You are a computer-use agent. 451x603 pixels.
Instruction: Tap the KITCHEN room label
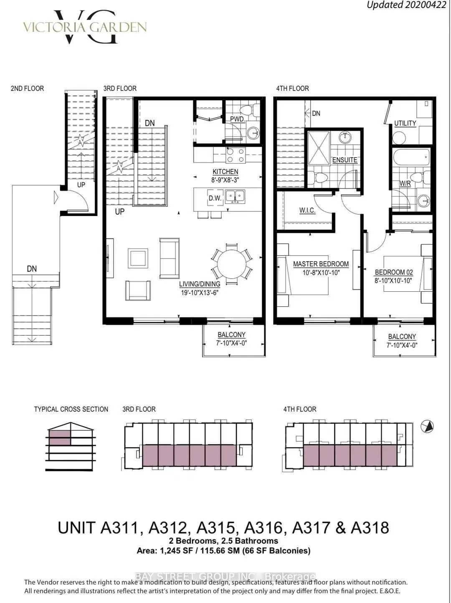click(225, 172)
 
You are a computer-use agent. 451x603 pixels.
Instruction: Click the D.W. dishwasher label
click(215, 198)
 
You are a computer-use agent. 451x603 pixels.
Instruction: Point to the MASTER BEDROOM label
click(321, 264)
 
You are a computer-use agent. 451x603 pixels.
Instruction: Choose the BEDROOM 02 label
click(394, 272)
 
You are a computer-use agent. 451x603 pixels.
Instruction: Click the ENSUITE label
click(345, 160)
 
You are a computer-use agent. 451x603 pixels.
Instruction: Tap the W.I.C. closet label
click(307, 210)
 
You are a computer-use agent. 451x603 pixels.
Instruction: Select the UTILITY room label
click(405, 123)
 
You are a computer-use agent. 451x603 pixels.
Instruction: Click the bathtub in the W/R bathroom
click(411, 158)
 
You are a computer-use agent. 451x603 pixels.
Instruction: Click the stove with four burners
click(235, 155)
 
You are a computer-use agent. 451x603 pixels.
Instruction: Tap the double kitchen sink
click(235, 196)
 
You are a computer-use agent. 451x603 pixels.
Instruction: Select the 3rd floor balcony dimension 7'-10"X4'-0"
click(232, 343)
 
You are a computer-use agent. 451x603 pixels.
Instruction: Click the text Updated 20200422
click(406, 5)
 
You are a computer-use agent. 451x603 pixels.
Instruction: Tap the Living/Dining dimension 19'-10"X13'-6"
click(199, 293)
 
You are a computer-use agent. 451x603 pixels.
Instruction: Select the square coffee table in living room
click(138, 258)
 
